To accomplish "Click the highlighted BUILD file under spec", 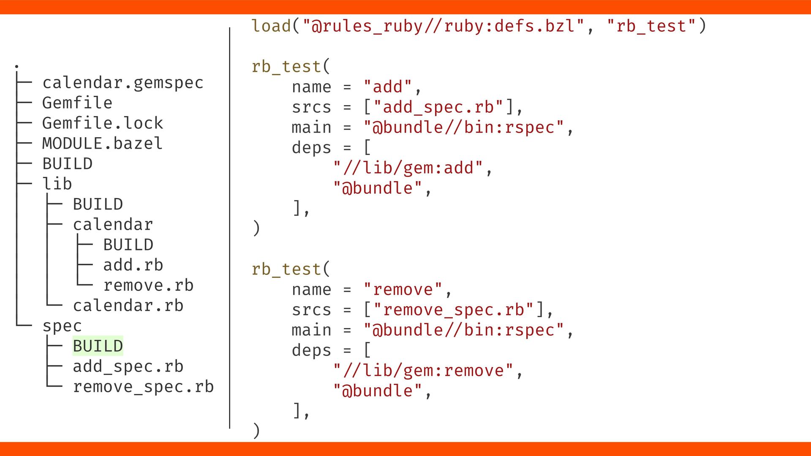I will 98,346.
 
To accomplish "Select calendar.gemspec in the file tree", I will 122,83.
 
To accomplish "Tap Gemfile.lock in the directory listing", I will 102,123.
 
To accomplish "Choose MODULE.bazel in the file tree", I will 102,144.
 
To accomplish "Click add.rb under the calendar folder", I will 133,265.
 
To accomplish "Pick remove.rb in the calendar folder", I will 148,285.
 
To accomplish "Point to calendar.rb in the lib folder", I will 128,306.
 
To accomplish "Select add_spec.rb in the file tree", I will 128,366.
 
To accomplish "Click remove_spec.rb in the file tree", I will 143,387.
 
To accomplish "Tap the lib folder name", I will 57,184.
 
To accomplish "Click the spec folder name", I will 62,326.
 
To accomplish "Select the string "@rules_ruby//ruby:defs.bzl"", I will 444,26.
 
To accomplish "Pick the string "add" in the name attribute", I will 388,87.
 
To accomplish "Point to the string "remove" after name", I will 403,290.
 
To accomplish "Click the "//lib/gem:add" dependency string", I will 408,168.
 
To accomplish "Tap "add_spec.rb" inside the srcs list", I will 438,107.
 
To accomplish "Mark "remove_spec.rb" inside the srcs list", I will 454,310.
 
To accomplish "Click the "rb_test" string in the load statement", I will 651,26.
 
